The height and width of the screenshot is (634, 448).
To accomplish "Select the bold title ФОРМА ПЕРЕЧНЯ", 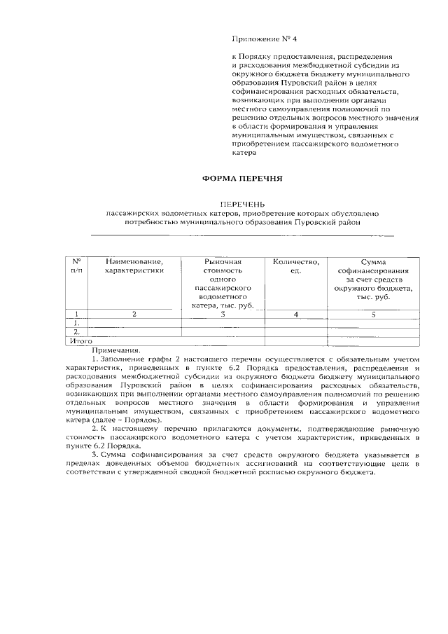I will tap(242, 179).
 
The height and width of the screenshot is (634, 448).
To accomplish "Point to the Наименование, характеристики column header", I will tap(134, 266).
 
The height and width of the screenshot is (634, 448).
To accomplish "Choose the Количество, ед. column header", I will tap(295, 266).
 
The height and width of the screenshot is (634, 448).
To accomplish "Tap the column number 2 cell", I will tap(134, 315).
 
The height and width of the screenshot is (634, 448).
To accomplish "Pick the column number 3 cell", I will tap(222, 315).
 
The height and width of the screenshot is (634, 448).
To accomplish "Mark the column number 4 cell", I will tap(295, 315).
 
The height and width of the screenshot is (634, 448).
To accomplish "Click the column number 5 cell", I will tap(373, 315).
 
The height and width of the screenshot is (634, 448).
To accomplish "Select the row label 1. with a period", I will tap(76, 324).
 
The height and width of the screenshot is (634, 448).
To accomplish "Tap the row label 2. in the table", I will tap(76, 332).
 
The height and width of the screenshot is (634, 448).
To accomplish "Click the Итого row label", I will tap(80, 341).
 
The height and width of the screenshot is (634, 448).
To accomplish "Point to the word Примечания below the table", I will tap(115, 350).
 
